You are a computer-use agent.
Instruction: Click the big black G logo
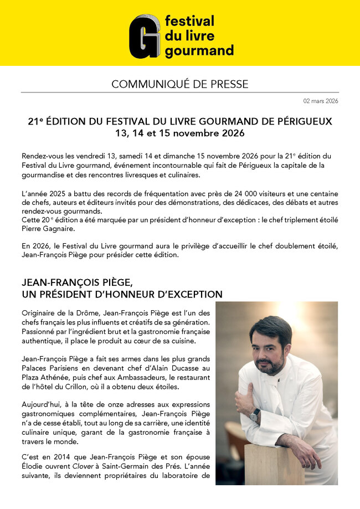(x=145, y=36)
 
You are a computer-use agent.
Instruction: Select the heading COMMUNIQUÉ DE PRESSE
(x=179, y=84)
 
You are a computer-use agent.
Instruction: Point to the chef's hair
(x=270, y=327)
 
